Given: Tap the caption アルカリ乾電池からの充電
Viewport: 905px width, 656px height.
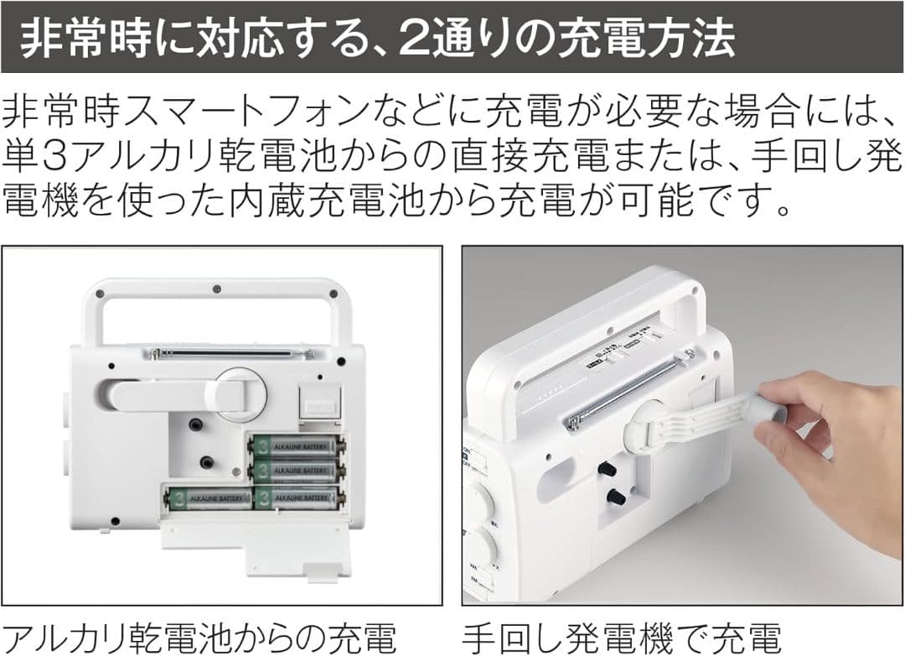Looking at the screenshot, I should [199, 633].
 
